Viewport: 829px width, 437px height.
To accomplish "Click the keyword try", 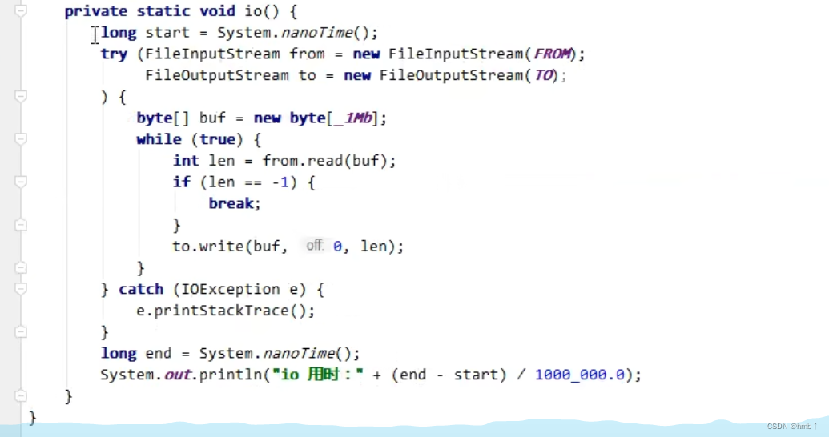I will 114,54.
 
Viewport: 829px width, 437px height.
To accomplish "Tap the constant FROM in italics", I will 553,54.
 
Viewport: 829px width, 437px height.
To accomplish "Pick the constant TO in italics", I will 544,75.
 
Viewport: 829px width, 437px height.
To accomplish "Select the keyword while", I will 159,139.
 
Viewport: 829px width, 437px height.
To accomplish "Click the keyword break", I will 233,203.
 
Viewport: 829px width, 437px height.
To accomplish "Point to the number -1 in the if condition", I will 280,182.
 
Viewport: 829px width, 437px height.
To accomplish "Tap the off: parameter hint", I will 315,246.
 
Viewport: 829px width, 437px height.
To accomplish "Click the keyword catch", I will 141,289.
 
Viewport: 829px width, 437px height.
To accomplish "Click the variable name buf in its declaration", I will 212,118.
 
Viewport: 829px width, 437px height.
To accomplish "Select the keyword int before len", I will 186,161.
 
